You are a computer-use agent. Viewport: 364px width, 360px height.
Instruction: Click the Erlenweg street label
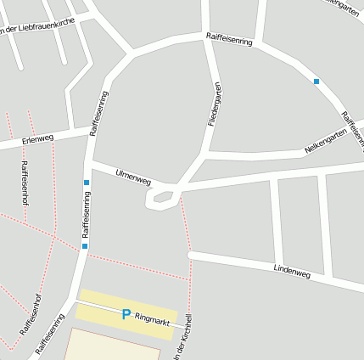[37, 139]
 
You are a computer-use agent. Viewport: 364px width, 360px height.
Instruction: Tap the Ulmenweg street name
[132, 176]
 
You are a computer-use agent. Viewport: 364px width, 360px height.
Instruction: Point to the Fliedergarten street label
[216, 104]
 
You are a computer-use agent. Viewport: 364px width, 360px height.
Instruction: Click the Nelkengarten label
[326, 141]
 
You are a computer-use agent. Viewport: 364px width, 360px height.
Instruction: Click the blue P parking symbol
[126, 314]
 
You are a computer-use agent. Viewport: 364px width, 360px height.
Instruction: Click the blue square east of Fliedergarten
[316, 82]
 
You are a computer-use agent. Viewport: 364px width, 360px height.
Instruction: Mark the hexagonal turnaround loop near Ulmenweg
[162, 199]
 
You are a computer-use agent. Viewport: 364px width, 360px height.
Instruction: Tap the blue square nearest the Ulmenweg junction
[87, 183]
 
